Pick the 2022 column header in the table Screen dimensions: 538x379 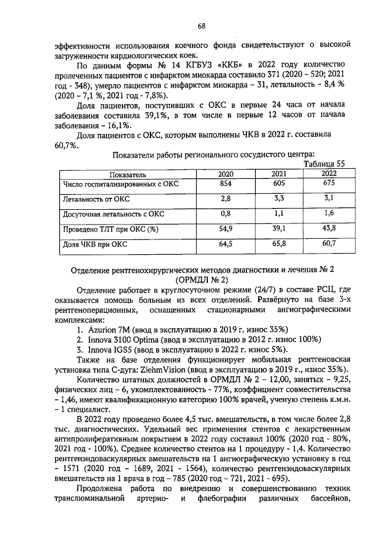click(x=330, y=174)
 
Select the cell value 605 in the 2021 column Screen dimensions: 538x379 click(x=279, y=185)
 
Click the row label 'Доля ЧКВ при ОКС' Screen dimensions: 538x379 click(x=95, y=244)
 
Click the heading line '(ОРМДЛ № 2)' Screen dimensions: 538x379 click(x=201, y=279)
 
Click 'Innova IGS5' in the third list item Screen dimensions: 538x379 click(x=104, y=350)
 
